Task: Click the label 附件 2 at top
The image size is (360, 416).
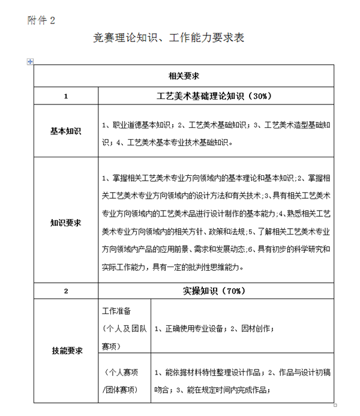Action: tap(41, 20)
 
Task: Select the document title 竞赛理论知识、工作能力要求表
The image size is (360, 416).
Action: tap(169, 38)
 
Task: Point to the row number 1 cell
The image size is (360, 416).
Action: tap(65, 96)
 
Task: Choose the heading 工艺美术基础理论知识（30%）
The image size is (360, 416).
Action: tap(214, 96)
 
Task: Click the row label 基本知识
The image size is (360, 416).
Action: tap(65, 130)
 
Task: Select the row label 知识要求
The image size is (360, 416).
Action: tap(65, 223)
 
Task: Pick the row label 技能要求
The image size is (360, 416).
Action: tap(65, 351)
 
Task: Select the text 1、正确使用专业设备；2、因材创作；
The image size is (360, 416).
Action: tap(214, 329)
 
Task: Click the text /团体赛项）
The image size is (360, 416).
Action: tap(120, 389)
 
